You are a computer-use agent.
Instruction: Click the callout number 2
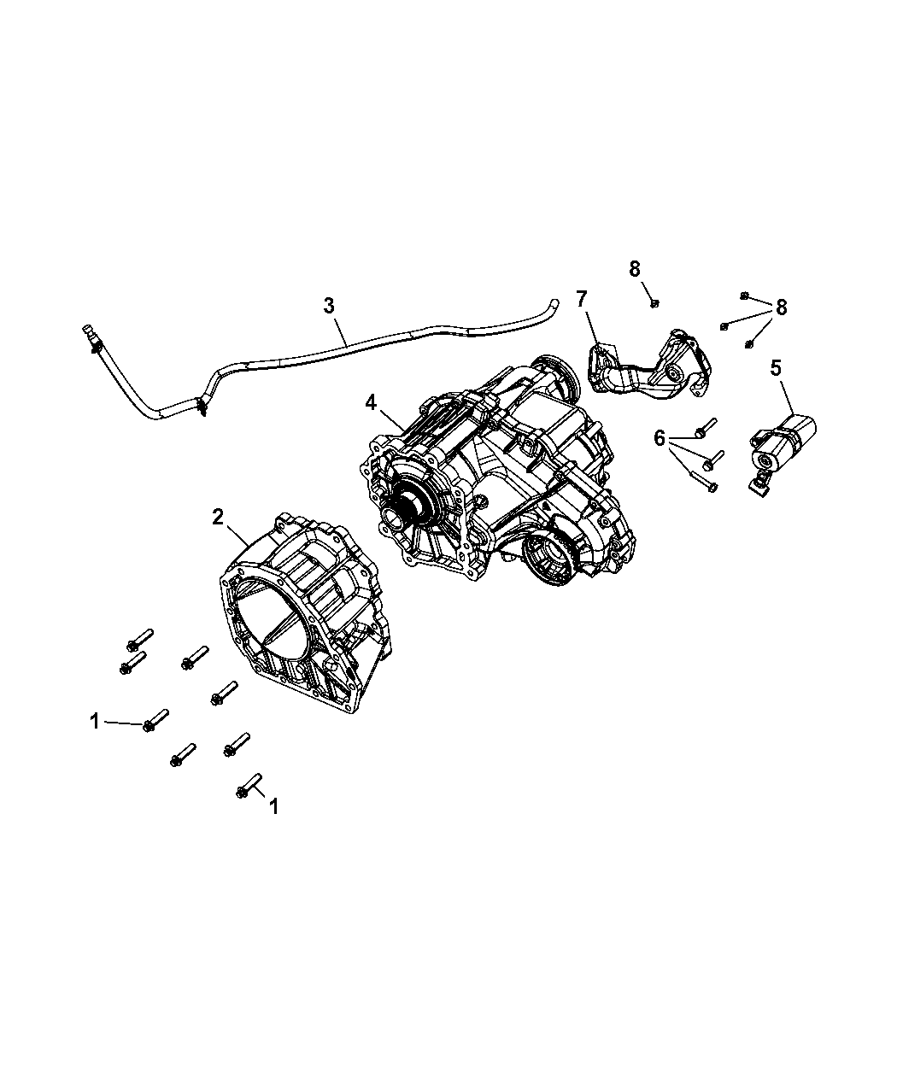coord(218,516)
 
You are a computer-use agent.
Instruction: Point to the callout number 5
coord(775,368)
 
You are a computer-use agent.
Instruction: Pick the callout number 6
coord(659,437)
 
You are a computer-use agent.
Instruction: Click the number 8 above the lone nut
coord(635,268)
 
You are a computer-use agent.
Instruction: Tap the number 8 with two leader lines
coord(782,307)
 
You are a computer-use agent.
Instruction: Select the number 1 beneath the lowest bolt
coord(273,805)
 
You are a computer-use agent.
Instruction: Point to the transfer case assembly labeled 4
coord(504,478)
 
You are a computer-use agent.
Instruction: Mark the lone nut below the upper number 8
coord(654,302)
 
